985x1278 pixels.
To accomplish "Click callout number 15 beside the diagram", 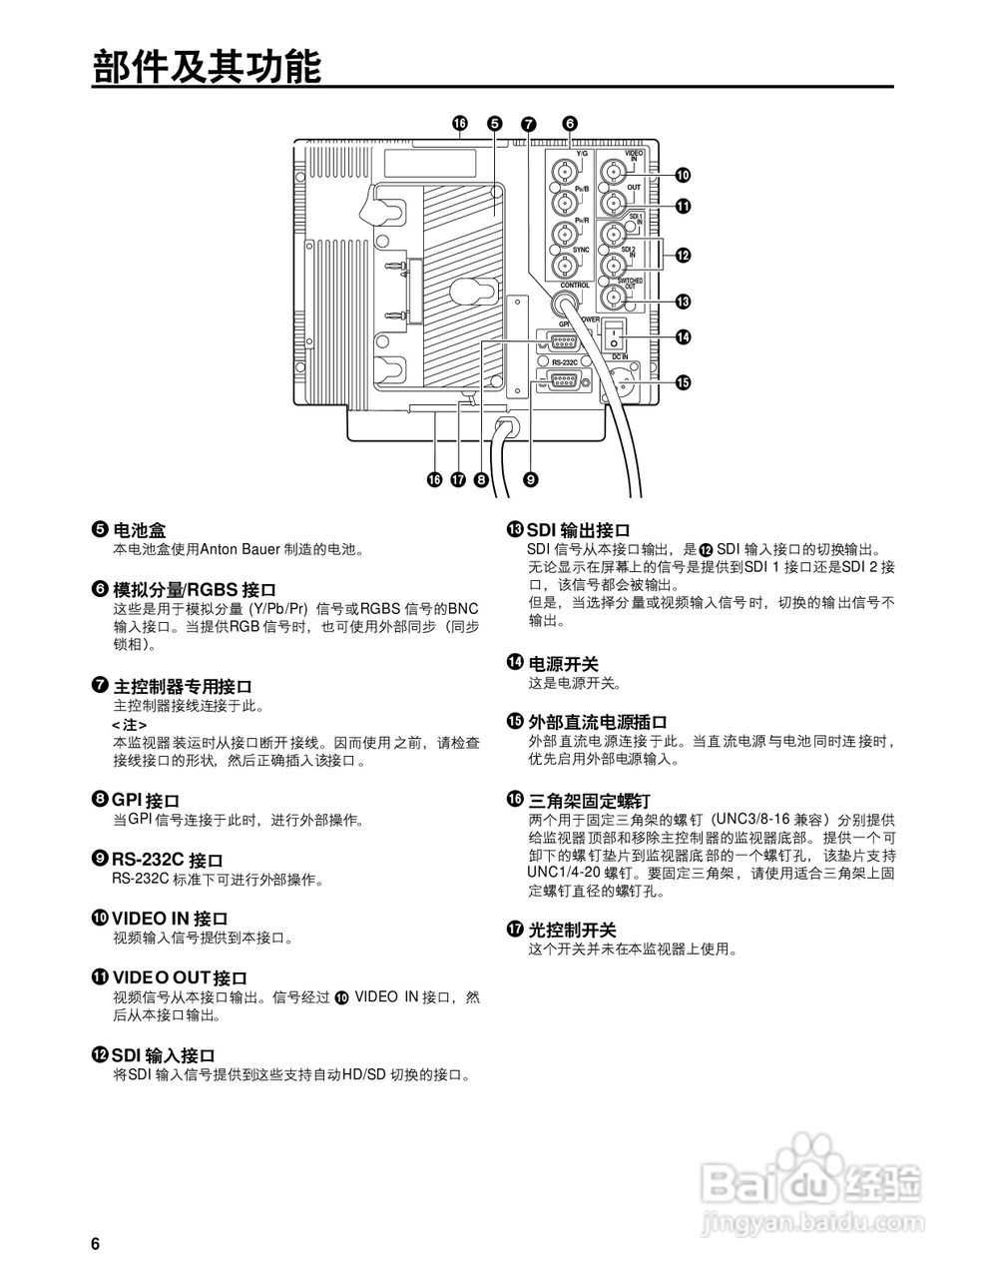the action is point(683,381).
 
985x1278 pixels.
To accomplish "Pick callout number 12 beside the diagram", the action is point(683,256).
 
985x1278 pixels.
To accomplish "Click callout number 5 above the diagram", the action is point(495,124).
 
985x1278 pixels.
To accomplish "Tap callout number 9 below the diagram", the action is point(530,480).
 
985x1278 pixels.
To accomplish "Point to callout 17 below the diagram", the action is point(458,480).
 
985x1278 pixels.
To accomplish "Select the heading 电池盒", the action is point(140,529).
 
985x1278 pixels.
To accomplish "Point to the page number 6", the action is point(96,1243).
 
